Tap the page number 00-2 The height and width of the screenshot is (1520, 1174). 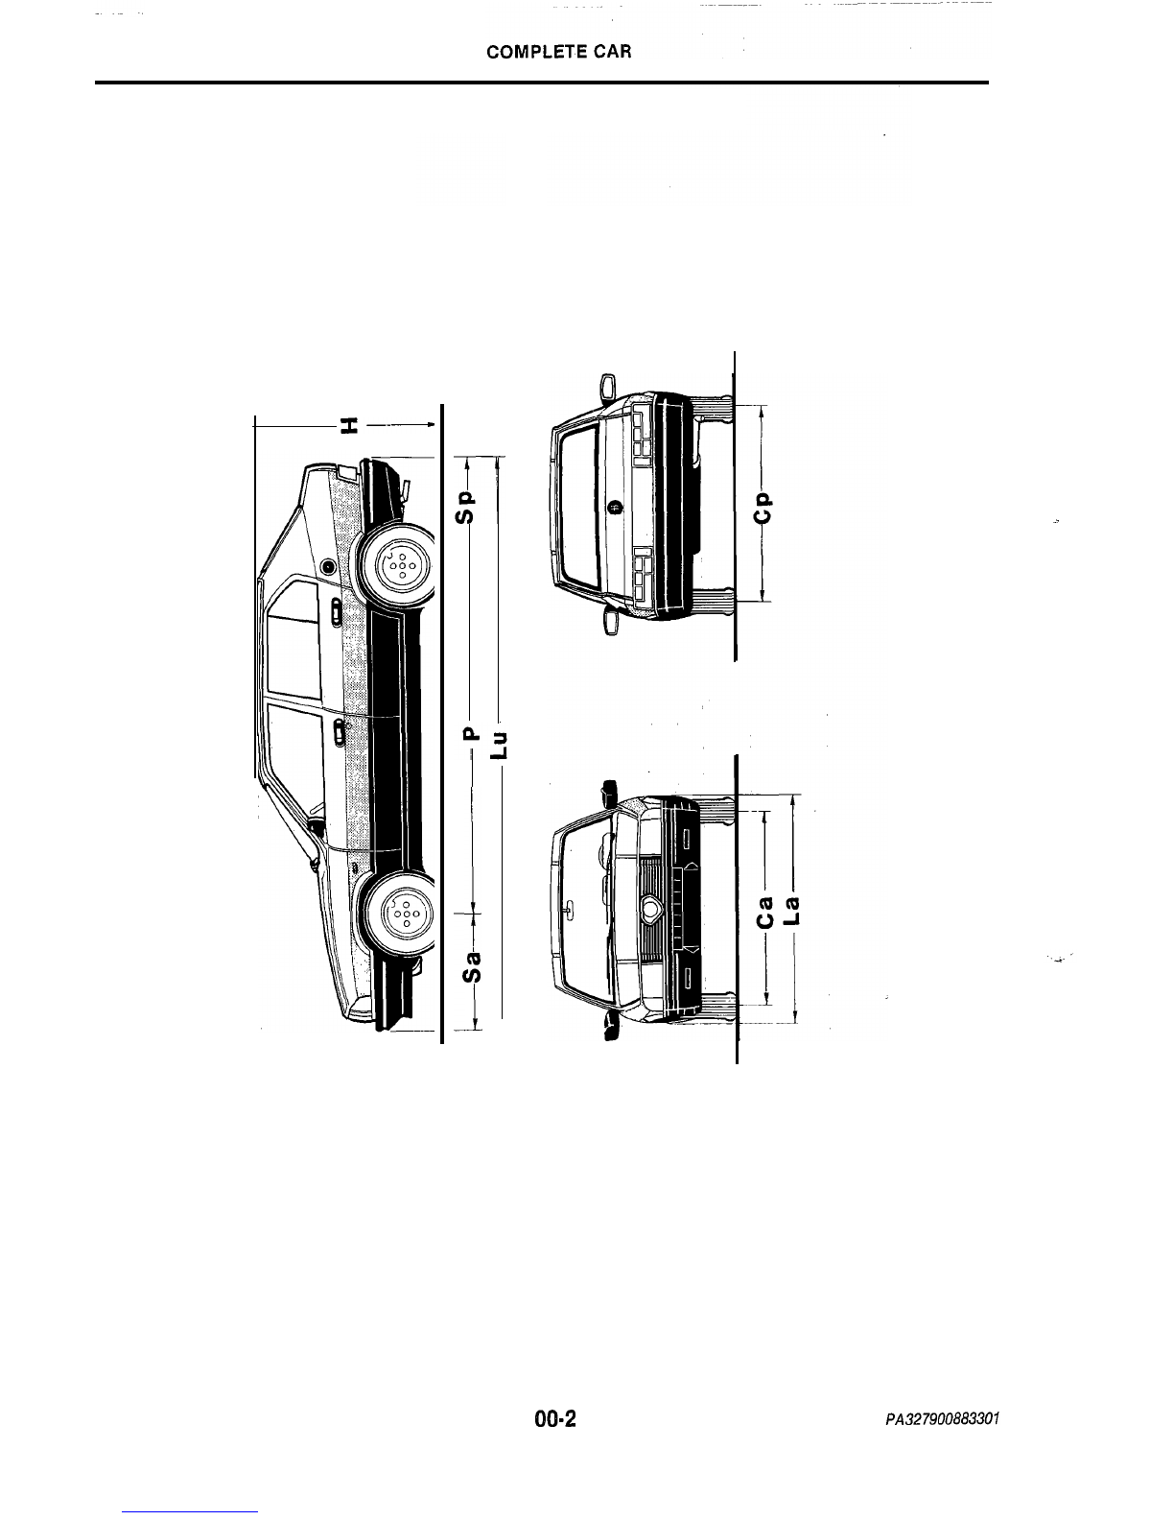[555, 1419]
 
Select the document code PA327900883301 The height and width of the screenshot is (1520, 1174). [943, 1419]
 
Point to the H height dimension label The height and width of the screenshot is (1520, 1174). [348, 424]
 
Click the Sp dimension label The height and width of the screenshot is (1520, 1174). [466, 507]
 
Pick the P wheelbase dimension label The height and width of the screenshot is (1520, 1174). [471, 734]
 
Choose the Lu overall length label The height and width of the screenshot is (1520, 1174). [499, 746]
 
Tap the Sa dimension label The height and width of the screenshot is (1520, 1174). [473, 966]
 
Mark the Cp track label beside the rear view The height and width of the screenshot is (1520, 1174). [763, 507]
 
